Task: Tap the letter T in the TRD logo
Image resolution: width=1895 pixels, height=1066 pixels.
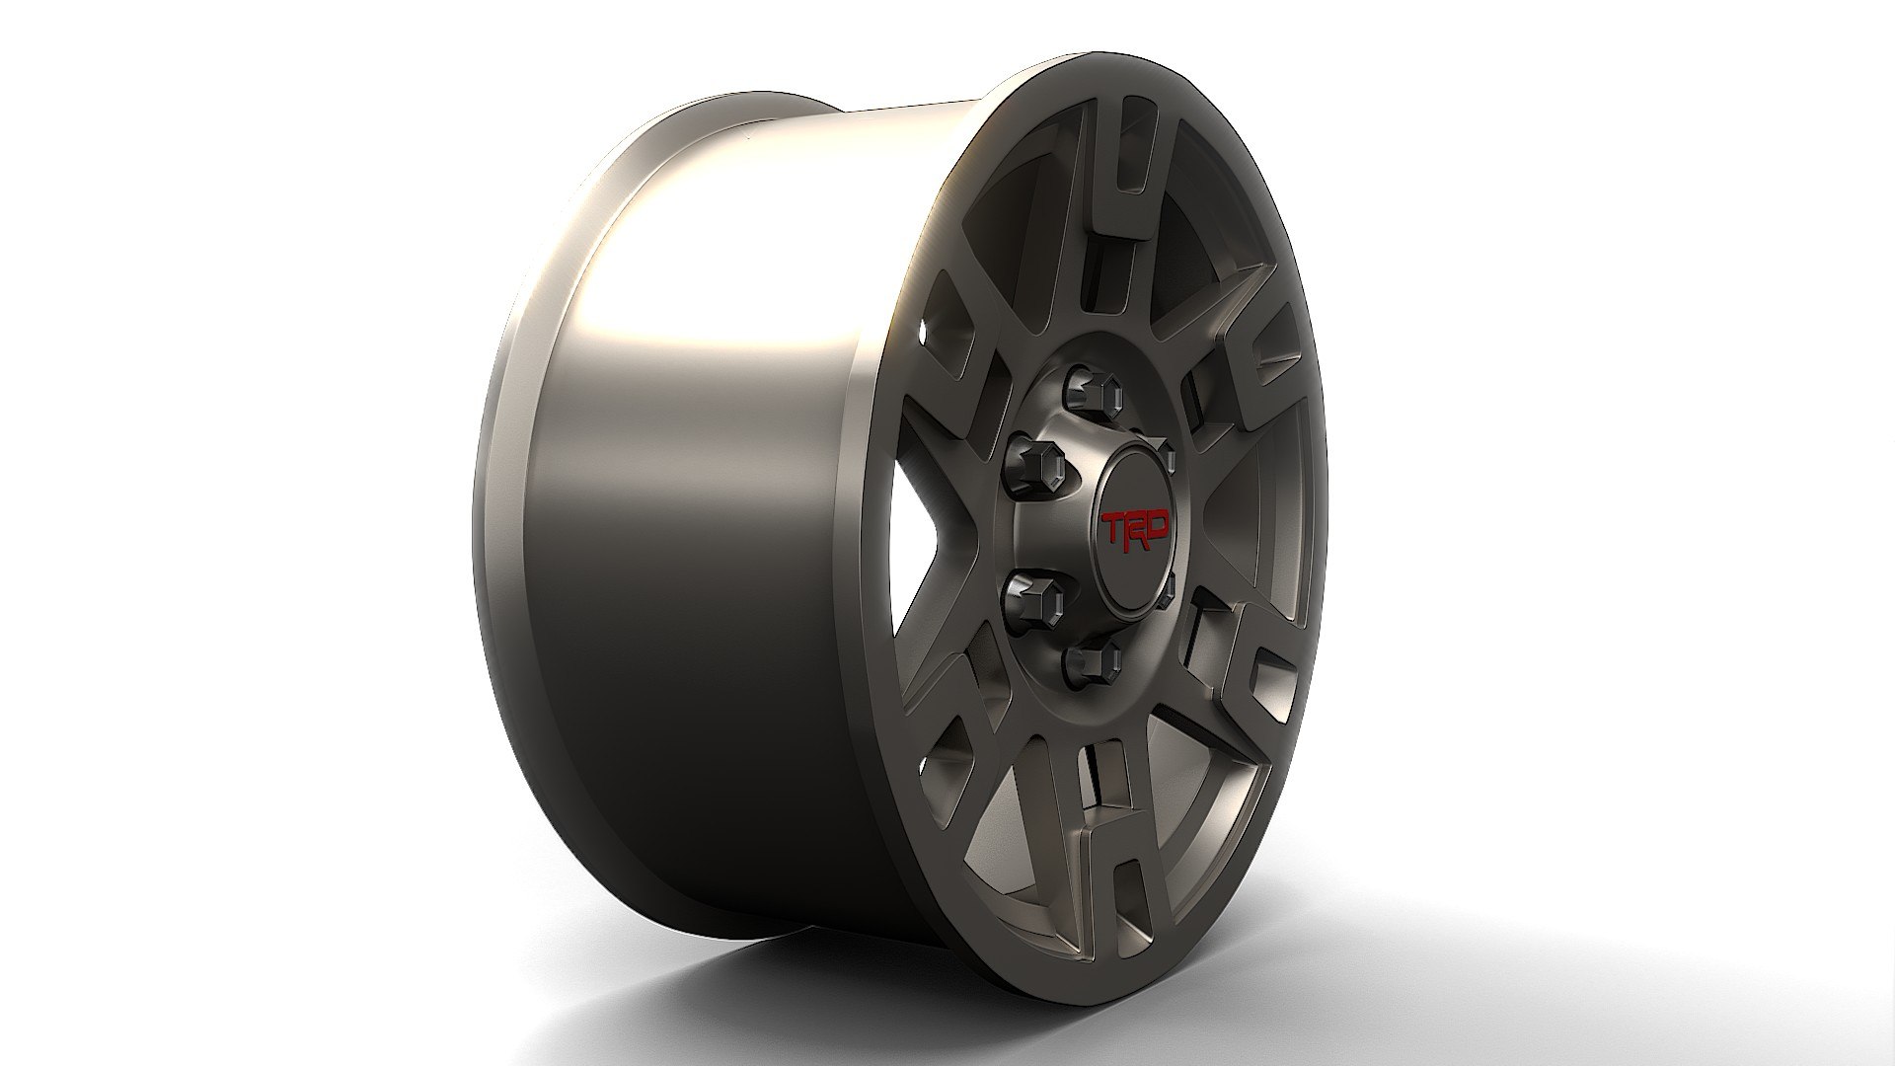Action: pyautogui.click(x=1113, y=528)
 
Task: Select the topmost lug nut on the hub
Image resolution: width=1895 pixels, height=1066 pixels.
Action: pyautogui.click(x=1096, y=392)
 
